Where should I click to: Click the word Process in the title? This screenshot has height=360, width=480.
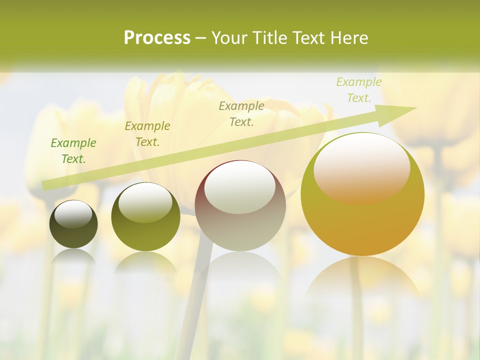157,38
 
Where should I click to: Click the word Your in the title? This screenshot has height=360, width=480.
229,38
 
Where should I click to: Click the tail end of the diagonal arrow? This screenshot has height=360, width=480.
44,185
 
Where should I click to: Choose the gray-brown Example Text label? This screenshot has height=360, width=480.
241,113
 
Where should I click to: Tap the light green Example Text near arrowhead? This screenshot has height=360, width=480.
358,90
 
